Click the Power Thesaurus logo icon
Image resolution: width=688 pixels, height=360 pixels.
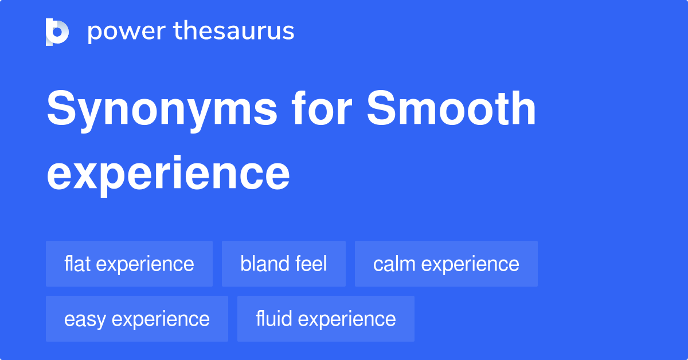tap(57, 32)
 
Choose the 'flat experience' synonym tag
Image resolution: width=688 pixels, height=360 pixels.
tap(129, 264)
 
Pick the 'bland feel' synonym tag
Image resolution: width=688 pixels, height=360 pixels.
tap(284, 264)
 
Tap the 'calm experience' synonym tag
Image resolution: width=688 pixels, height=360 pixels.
tap(446, 264)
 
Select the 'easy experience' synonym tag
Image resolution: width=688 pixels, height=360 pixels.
tap(137, 319)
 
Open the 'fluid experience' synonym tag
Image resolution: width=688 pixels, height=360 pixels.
tap(326, 319)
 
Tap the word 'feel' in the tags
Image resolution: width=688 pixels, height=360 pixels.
tap(312, 264)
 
